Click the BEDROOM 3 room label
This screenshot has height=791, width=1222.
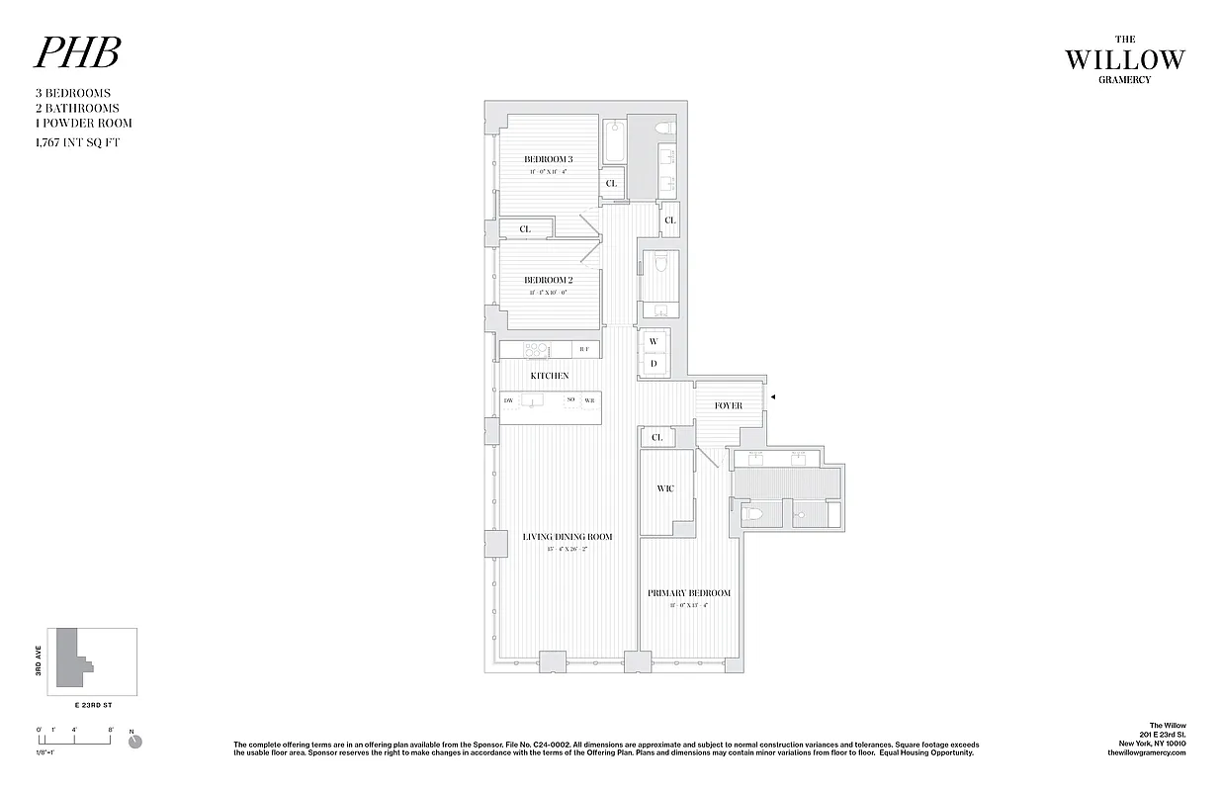click(548, 159)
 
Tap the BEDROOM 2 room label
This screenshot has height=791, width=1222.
click(548, 280)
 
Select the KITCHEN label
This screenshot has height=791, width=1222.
click(550, 376)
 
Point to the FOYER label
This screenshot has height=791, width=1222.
click(728, 405)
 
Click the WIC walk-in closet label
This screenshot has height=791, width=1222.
click(665, 488)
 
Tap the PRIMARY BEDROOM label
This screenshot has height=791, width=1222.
click(689, 593)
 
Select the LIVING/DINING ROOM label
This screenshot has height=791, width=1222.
click(567, 537)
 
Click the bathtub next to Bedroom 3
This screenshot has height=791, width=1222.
click(614, 141)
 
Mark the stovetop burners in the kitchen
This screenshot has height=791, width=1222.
click(537, 349)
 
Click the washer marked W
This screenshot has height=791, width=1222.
click(654, 341)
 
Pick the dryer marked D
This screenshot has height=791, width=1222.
click(654, 364)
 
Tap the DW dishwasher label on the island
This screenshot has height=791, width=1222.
click(508, 400)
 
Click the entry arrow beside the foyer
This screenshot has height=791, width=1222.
click(773, 396)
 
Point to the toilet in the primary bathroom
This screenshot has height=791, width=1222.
click(753, 513)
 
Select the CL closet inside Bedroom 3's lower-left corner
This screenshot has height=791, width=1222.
click(525, 229)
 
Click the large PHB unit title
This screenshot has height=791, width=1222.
click(77, 53)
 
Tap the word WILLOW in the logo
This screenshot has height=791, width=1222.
click(1124, 59)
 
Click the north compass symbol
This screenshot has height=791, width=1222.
click(135, 741)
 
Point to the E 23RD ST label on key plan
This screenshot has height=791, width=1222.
click(97, 707)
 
